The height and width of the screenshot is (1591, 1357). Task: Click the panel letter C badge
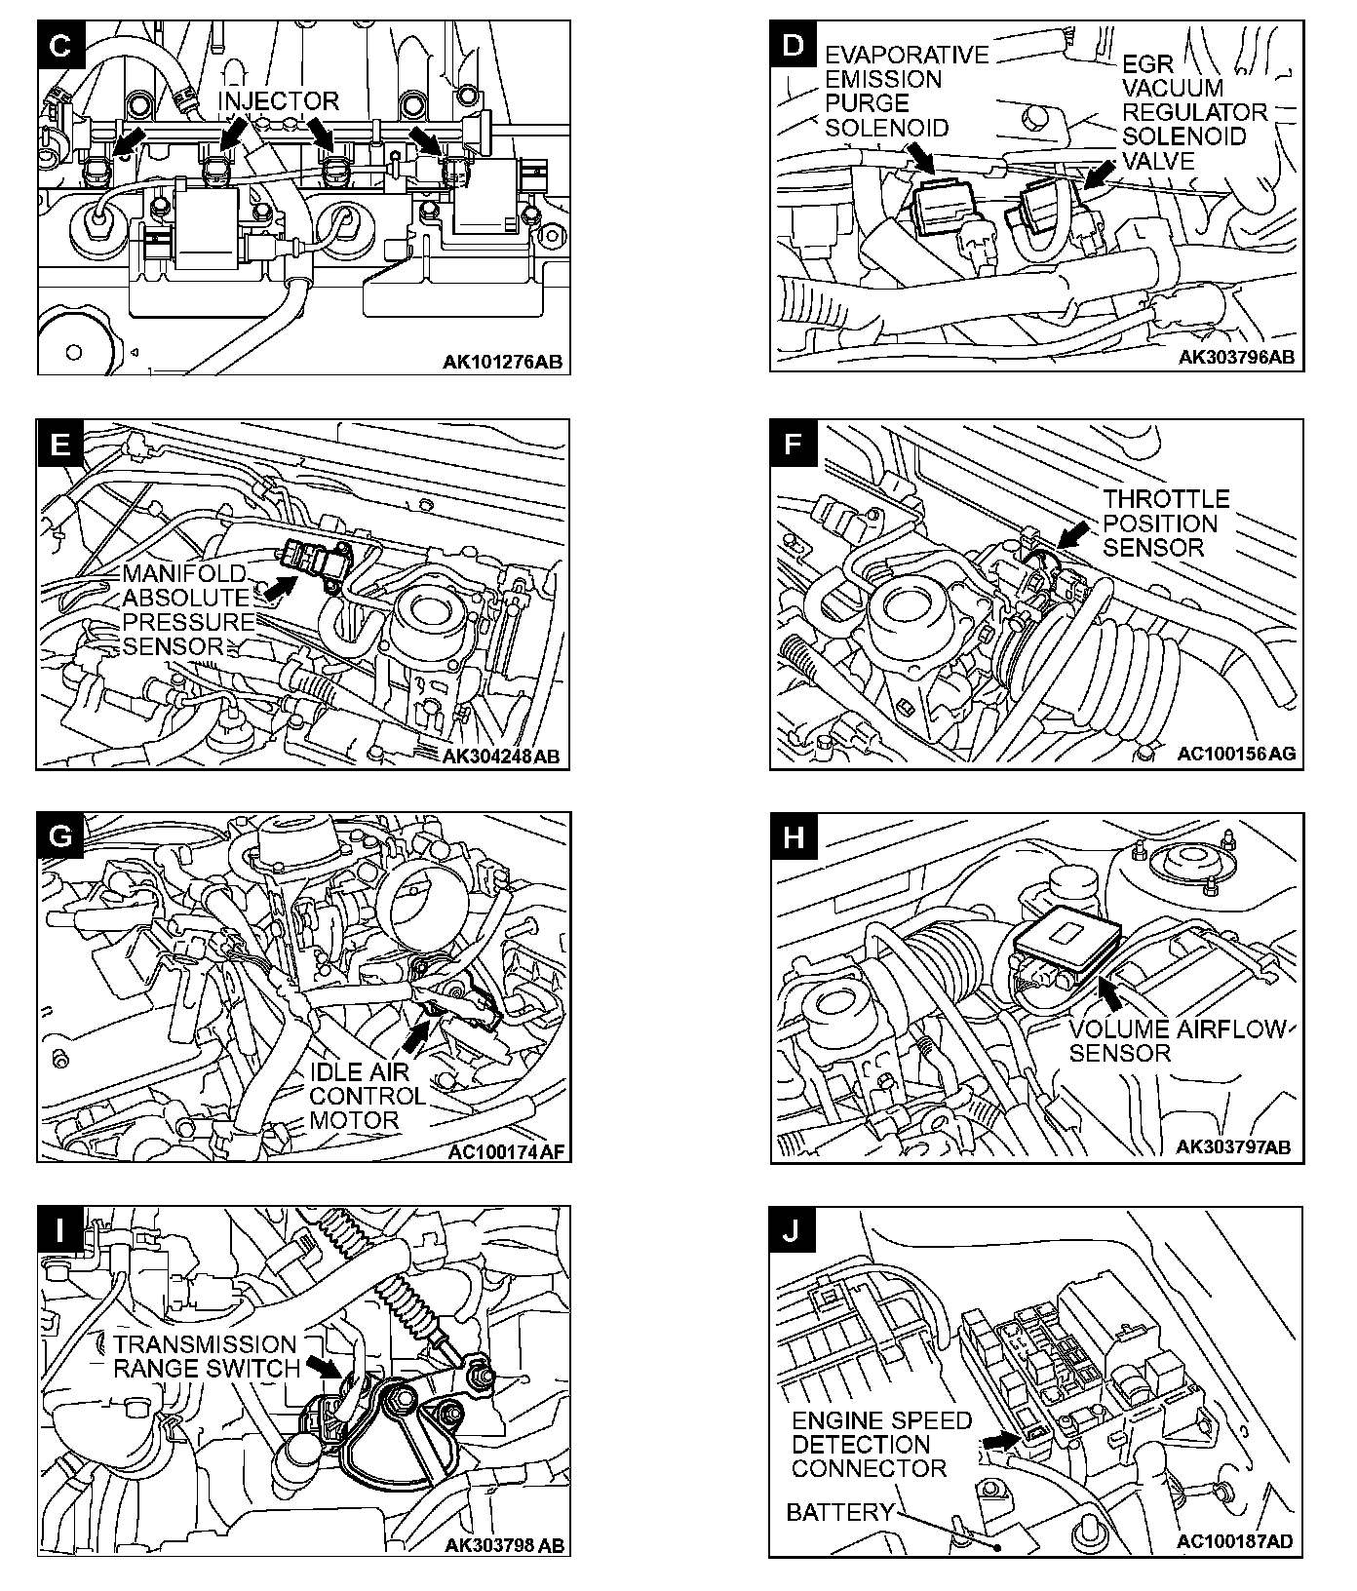click(60, 48)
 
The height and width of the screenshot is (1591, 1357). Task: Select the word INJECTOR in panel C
click(278, 101)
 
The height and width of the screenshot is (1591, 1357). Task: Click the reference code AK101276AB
click(502, 363)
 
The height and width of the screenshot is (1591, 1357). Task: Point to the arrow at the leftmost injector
click(127, 139)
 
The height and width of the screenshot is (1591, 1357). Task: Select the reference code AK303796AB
click(1236, 357)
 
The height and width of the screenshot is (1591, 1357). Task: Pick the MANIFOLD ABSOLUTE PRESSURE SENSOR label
click(187, 609)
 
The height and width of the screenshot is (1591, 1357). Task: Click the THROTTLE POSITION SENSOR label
click(1166, 524)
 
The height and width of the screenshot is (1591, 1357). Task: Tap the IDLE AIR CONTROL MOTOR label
click(368, 1096)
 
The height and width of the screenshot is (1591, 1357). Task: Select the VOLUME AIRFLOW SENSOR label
click(1176, 1041)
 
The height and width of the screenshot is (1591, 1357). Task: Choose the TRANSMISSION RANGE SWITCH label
click(205, 1357)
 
